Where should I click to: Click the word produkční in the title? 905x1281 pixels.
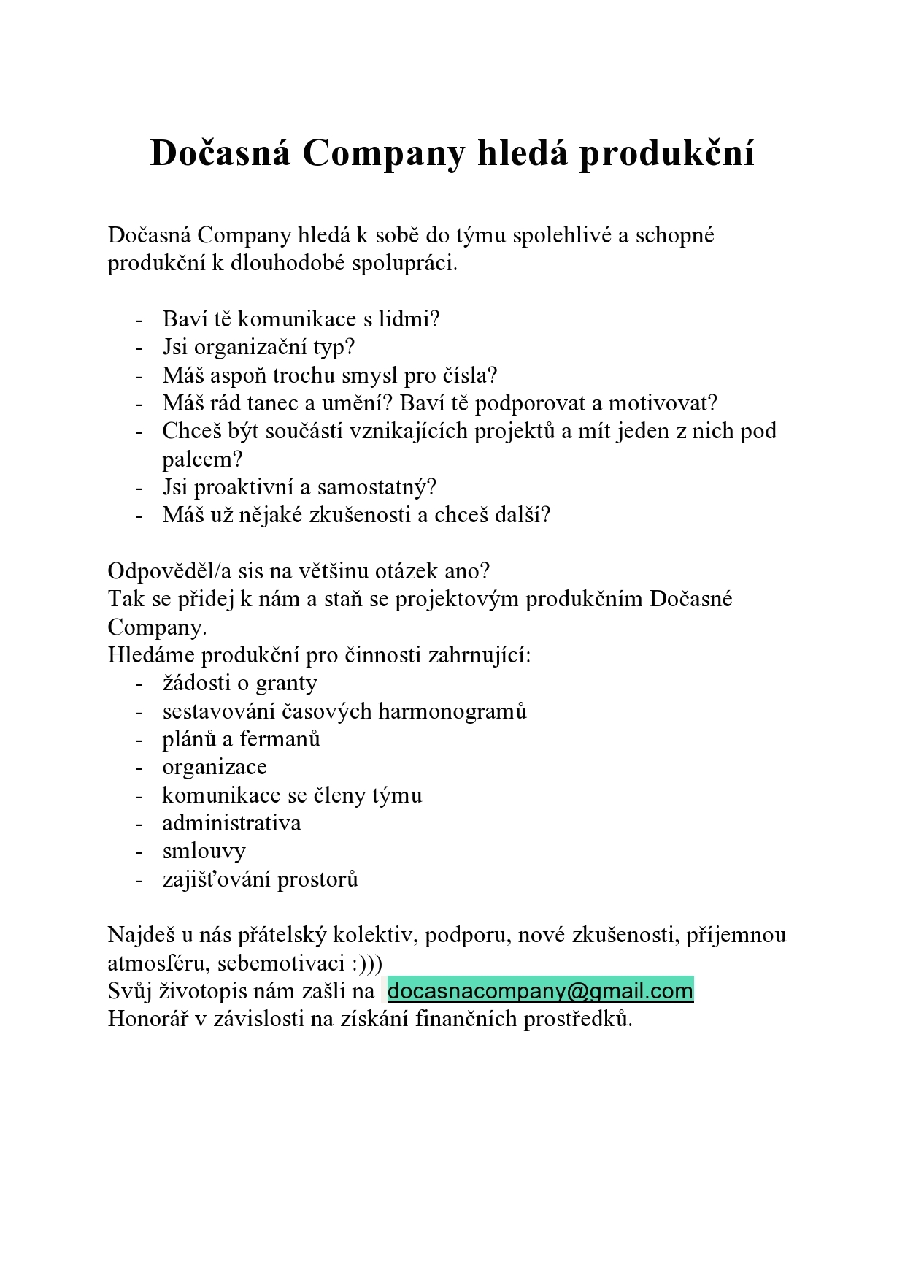pyautogui.click(x=666, y=154)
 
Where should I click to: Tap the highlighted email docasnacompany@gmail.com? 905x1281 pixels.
pyautogui.click(x=540, y=991)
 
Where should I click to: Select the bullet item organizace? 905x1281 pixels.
pyautogui.click(x=215, y=768)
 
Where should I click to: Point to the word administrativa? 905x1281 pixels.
pyautogui.click(x=231, y=823)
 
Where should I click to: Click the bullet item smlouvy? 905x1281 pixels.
pyautogui.click(x=204, y=852)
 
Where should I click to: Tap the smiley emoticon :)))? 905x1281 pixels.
pyautogui.click(x=366, y=963)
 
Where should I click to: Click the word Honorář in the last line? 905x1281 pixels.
pyautogui.click(x=147, y=1019)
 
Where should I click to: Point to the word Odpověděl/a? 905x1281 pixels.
pyautogui.click(x=169, y=571)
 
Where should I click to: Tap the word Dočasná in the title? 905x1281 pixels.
pyautogui.click(x=220, y=154)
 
